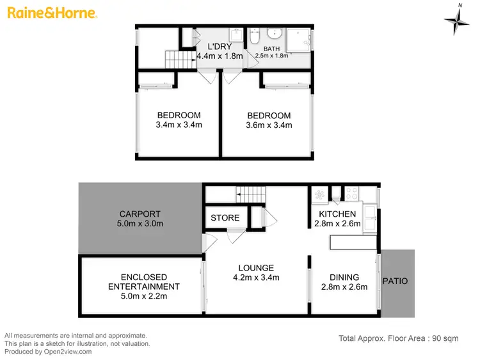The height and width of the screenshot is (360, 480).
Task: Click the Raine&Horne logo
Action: click(51, 13)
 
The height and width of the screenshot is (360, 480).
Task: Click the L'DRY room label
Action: click(220, 46)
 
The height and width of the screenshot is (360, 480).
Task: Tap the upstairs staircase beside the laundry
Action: click(179, 61)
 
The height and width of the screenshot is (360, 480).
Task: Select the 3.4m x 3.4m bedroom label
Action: click(179, 125)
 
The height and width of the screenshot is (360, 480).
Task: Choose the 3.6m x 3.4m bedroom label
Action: click(269, 125)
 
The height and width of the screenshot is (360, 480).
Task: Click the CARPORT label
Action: click(140, 214)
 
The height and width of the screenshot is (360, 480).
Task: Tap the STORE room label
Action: click(225, 217)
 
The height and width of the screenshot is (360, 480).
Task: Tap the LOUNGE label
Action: click(256, 268)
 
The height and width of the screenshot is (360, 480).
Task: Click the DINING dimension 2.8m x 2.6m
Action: click(344, 287)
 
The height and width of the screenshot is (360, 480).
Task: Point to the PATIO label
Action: click(395, 281)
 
